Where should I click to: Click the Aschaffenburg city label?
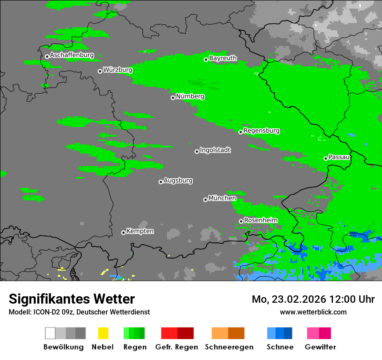coord(72,56)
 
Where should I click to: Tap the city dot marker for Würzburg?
coord(100,71)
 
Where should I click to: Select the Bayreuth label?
coord(223,58)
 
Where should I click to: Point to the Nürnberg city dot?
coord(173,98)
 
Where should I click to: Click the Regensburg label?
coord(261,131)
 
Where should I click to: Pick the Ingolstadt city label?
coord(215,150)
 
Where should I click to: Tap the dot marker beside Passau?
coord(326,158)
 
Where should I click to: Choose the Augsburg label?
coord(178,180)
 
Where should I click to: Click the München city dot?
coord(205,200)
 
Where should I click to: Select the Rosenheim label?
coord(260,220)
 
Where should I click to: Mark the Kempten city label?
coord(140,231)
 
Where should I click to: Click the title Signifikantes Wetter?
coord(72,299)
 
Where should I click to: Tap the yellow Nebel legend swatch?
coord(103,333)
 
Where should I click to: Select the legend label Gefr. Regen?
coord(177,347)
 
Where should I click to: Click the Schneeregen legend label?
coord(229,347)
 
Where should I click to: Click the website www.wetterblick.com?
coord(313,312)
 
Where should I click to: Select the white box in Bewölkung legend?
coord(50,333)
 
